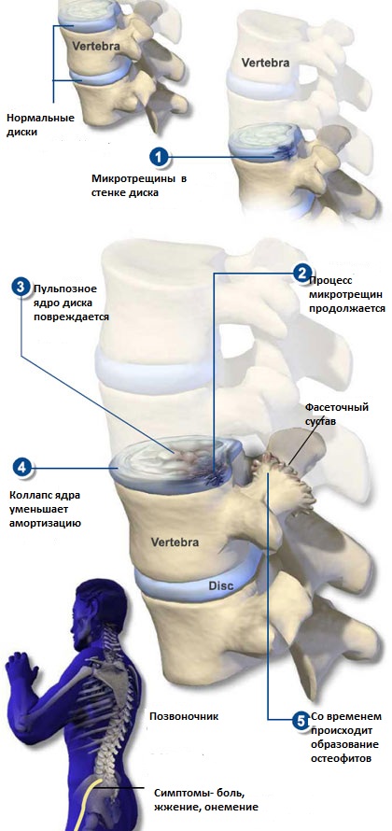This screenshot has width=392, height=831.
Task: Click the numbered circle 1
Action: [159, 157]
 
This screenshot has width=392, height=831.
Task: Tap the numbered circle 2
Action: [301, 273]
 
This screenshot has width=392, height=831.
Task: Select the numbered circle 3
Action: [21, 289]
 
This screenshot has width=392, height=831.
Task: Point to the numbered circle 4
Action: [21, 468]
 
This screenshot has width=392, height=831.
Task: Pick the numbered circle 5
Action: [301, 720]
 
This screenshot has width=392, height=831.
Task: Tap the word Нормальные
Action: [40, 118]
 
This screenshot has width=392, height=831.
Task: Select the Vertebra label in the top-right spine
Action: [266, 63]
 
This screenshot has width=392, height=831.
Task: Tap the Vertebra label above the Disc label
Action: [175, 542]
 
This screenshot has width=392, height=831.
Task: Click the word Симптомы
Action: [179, 794]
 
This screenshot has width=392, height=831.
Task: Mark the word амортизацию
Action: [46, 524]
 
